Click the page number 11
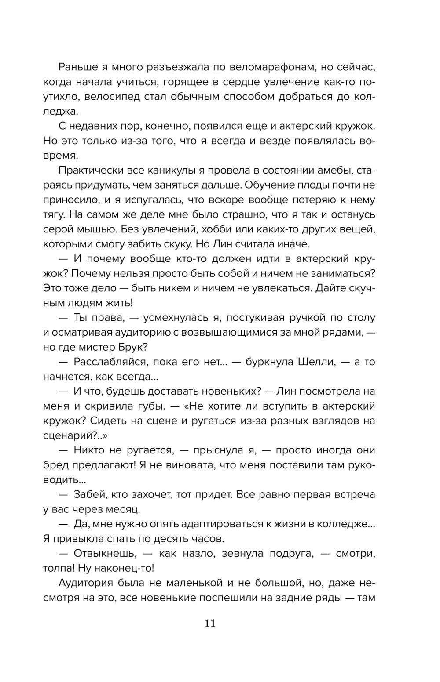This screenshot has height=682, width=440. pyautogui.click(x=210, y=623)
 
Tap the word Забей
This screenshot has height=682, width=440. pyautogui.click(x=90, y=494)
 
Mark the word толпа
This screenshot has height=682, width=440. pyautogui.click(x=58, y=568)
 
